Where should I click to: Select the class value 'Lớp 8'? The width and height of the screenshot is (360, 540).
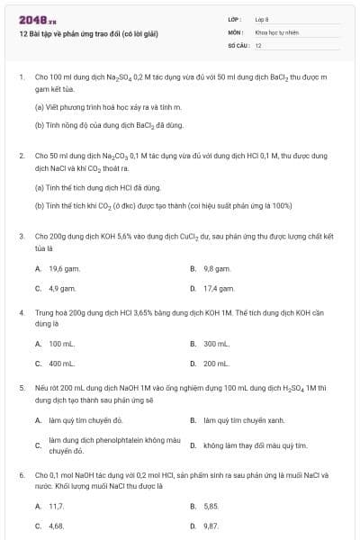pyautogui.click(x=262, y=18)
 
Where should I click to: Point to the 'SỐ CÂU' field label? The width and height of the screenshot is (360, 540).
pyautogui.click(x=238, y=44)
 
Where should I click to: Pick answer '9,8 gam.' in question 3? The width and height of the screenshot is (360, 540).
pyautogui.click(x=217, y=268)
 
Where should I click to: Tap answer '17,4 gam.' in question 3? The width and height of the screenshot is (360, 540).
pyautogui.click(x=219, y=288)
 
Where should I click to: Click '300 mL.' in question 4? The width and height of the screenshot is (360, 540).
pyautogui.click(x=217, y=344)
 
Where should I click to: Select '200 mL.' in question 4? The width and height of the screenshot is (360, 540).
pyautogui.click(x=217, y=364)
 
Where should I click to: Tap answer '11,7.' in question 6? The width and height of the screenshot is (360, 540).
pyautogui.click(x=56, y=506)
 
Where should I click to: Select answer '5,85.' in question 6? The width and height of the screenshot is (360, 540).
pyautogui.click(x=211, y=506)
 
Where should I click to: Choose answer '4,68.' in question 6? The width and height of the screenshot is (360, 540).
pyautogui.click(x=56, y=525)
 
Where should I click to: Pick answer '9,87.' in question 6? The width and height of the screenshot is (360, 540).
pyautogui.click(x=211, y=525)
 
